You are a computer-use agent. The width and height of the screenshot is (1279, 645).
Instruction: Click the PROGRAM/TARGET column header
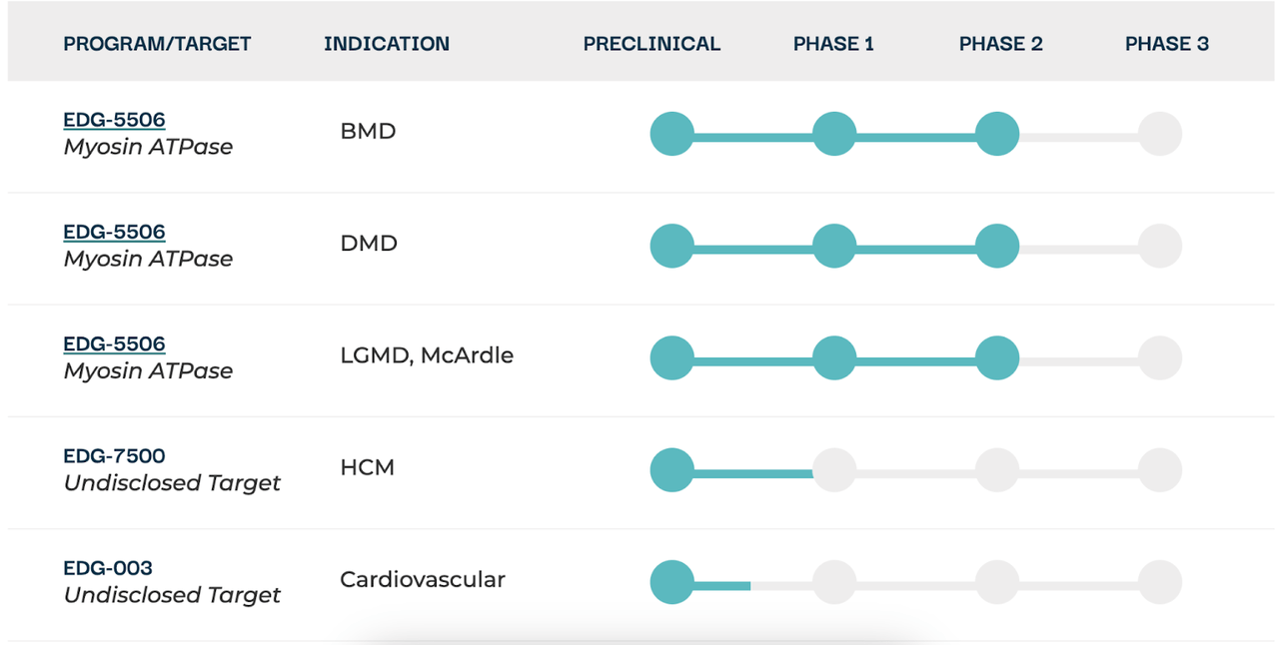click(157, 44)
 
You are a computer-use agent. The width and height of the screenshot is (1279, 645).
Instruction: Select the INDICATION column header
click(387, 44)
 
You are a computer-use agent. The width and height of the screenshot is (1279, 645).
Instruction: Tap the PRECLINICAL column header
click(651, 44)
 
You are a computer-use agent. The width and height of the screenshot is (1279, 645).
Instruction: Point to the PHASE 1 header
click(833, 44)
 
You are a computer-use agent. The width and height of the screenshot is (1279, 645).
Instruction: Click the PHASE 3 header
click(1166, 44)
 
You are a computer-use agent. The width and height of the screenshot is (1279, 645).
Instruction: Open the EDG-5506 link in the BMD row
click(114, 120)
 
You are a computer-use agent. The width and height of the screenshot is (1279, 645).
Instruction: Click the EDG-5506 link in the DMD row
click(114, 232)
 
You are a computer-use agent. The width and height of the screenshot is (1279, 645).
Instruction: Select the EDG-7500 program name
click(114, 456)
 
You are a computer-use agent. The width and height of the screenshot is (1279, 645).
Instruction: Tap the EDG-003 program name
click(108, 568)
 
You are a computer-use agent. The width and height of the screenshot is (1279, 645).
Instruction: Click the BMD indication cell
click(368, 131)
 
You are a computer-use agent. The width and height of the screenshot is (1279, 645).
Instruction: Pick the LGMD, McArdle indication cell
click(427, 355)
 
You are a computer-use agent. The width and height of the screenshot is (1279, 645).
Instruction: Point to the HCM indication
click(367, 467)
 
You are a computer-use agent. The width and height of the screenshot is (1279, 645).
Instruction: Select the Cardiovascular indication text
click(423, 579)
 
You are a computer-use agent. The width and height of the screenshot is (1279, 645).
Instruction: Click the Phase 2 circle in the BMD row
click(997, 134)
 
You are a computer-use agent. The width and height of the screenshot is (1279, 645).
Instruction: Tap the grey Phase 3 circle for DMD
click(1160, 246)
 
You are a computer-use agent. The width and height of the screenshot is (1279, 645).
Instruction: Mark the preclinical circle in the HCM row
click(672, 469)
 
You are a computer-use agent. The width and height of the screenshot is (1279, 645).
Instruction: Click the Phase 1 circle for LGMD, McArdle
click(834, 357)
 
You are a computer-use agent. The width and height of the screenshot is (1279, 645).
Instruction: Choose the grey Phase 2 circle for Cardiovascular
click(997, 582)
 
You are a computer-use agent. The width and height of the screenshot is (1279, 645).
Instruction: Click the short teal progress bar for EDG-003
click(721, 586)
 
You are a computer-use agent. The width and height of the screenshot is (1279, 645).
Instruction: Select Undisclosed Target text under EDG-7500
click(172, 483)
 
